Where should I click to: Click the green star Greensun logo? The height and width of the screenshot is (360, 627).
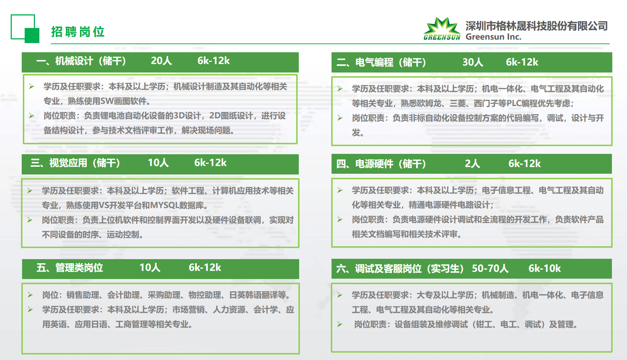pos(442,29)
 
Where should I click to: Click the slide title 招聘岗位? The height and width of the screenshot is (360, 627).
pos(78,32)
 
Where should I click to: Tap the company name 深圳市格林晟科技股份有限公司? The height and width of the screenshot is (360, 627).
pos(536,26)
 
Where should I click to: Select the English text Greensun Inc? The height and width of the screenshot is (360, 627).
pos(493,37)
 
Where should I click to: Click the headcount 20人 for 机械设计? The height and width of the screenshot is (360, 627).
pos(162,61)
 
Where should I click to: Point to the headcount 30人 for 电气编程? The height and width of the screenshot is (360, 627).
pos(473,62)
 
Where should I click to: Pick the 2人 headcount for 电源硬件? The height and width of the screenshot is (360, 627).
pos(472,164)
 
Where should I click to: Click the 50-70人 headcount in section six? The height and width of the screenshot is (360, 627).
pos(490,268)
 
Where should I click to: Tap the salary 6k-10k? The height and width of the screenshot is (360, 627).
pos(545,268)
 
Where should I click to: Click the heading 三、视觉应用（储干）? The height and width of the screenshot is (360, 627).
pos(75,163)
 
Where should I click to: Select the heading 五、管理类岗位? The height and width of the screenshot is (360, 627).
pos(70,268)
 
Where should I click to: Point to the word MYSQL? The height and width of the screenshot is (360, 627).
pos(164,205)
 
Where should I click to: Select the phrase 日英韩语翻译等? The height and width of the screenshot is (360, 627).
pos(258,295)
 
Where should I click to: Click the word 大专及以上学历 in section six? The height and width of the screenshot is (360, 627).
pos(445,295)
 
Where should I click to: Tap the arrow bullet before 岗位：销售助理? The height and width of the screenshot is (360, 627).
pos(30,295)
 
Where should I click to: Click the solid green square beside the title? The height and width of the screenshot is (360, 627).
pos(32,36)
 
